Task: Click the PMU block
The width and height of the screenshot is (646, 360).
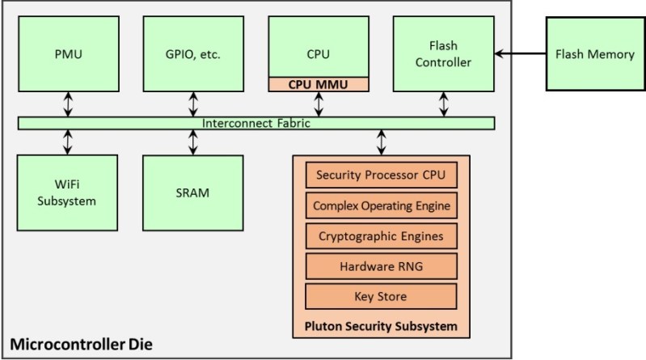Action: [68, 54]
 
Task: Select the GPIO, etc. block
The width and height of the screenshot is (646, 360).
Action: [192, 54]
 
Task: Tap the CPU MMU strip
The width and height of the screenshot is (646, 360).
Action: [318, 83]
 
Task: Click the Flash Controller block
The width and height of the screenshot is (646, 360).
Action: [442, 54]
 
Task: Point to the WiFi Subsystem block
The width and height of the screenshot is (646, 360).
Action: [68, 193]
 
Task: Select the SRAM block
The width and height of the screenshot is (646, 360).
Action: [192, 193]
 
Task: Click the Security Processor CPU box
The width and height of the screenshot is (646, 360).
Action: [380, 175]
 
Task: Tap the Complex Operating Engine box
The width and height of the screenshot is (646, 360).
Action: [380, 205]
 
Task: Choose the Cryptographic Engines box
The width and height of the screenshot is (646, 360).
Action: [380, 235]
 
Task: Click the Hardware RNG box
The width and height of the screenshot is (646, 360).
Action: [380, 265]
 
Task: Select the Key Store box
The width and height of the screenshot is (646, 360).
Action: [380, 295]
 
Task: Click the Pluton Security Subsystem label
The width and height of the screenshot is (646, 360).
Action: [380, 326]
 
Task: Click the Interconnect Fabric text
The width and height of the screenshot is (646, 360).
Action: [256, 123]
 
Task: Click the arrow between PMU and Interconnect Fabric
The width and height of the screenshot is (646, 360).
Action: [68, 104]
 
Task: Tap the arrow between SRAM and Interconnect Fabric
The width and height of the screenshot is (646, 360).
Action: [192, 142]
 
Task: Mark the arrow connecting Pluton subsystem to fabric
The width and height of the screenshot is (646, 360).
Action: [380, 142]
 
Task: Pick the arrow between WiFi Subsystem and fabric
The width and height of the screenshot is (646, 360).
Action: [68, 142]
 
